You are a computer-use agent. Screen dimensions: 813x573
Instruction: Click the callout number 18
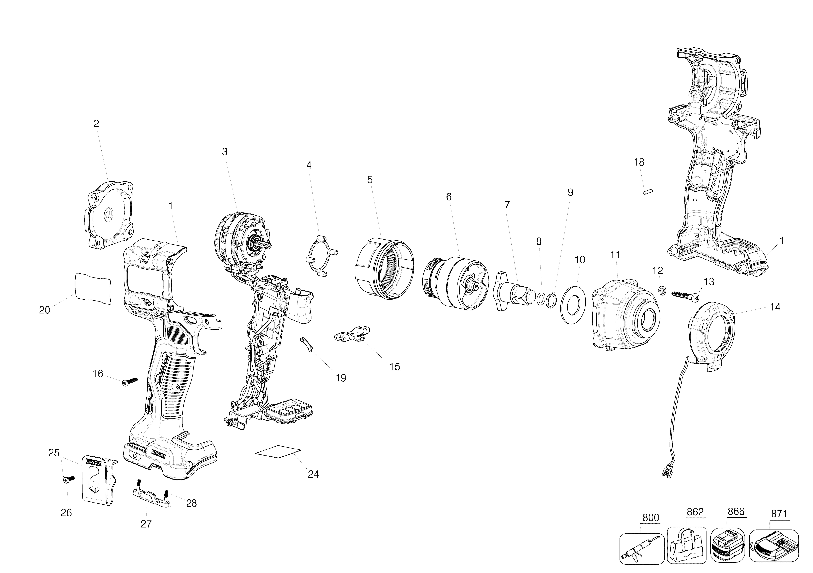[639, 163]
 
